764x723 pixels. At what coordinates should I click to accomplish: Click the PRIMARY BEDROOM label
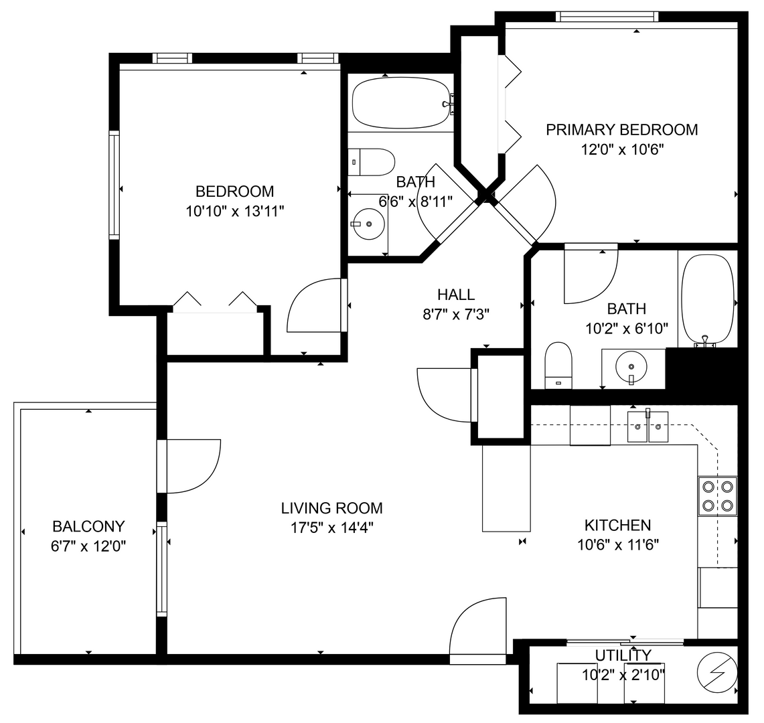pos(622,130)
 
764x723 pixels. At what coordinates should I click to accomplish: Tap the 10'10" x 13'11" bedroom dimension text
pos(235,212)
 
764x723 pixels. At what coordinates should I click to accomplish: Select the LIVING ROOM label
pos(332,508)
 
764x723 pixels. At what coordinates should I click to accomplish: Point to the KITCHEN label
pos(618,526)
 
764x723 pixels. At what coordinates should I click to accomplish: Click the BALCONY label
pos(88,526)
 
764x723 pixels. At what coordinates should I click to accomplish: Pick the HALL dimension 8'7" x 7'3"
pos(456,315)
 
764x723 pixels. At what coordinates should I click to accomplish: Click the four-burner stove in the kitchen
pos(718,496)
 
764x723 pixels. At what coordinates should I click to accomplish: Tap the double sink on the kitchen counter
pos(647,427)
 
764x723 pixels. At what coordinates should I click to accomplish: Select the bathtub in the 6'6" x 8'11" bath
pos(402,103)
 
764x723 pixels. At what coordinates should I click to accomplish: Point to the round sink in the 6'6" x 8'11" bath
pos(368,224)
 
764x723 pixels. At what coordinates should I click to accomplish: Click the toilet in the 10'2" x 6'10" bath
pos(558,366)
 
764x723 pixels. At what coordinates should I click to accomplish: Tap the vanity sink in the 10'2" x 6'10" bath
pos(631,366)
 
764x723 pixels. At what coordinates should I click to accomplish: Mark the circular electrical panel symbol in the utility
pos(718,672)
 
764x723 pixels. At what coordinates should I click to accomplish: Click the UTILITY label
pos(623,655)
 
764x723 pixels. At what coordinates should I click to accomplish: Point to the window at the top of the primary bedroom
pos(607,17)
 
